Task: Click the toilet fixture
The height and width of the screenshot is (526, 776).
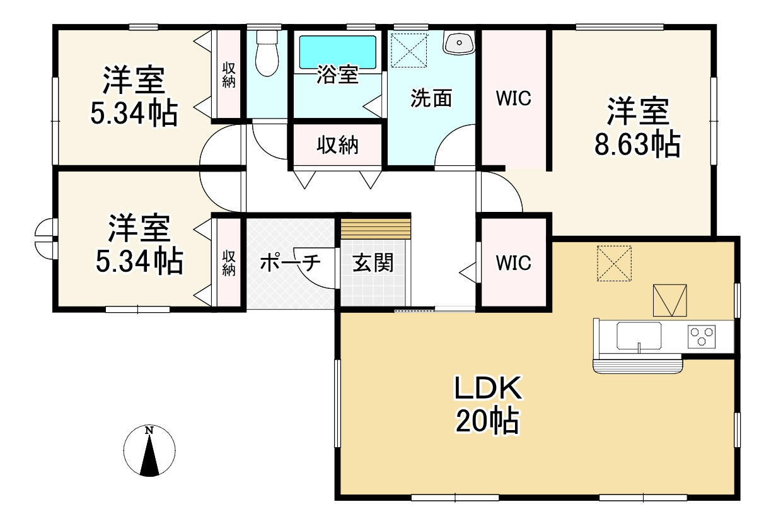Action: point(267,53)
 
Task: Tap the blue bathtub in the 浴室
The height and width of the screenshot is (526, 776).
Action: point(337,52)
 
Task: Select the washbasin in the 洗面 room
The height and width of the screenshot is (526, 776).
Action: point(459,42)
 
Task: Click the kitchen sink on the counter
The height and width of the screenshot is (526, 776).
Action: point(639,336)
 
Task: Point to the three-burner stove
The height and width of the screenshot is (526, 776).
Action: point(702,336)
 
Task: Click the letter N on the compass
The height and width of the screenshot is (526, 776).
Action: point(149,431)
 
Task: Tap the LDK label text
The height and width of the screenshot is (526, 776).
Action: point(488,389)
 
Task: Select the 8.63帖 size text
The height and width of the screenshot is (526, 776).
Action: point(637,144)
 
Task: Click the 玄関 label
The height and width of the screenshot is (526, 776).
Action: point(373,263)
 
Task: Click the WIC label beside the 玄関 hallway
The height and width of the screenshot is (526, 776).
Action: point(513,263)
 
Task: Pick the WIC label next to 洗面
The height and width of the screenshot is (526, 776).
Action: point(513,98)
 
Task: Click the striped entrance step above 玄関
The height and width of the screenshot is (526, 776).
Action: point(376,228)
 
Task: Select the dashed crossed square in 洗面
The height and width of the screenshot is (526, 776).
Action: point(409,50)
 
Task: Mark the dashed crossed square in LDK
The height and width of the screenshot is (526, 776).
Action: point(614,264)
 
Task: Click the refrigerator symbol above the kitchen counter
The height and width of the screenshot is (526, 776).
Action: point(670,300)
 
